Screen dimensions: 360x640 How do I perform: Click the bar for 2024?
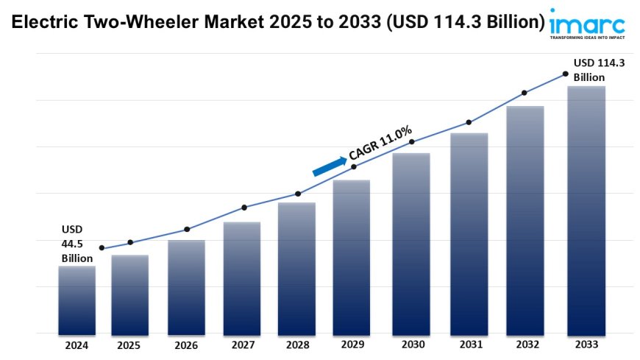point(77,300)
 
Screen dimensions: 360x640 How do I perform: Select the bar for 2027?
point(242,278)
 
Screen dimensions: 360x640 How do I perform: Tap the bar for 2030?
point(411,243)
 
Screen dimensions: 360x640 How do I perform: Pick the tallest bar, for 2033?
point(586,210)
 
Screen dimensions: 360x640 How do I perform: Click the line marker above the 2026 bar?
point(187,229)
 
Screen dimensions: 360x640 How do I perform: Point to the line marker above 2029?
point(354,167)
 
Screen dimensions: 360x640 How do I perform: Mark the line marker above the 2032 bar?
point(525,93)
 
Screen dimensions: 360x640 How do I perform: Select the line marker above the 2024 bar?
point(102,248)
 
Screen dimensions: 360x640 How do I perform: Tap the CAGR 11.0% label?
point(380,143)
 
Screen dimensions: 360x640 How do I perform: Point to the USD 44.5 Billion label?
point(77,243)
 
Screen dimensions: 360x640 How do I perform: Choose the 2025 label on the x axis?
point(130,344)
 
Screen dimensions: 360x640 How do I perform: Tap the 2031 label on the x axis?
point(469,344)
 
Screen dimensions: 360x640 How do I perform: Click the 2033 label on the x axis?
point(586,344)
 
